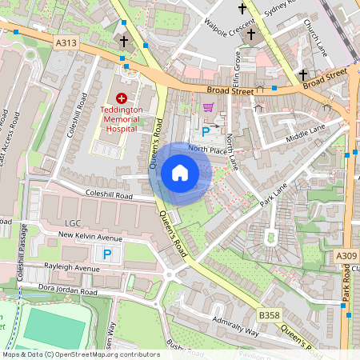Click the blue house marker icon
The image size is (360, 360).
coord(180,173)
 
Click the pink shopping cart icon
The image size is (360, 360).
coord(208,107)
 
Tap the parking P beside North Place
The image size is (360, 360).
coord(206,131)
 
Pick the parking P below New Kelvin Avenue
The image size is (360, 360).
coord(107,254)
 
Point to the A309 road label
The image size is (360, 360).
coord(346,255)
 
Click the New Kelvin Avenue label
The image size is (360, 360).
coord(88,238)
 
